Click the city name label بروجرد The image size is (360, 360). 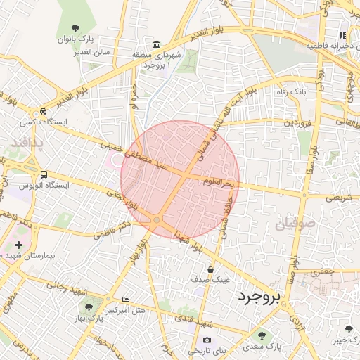click(x=259, y=298)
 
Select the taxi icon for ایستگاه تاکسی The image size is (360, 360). click(x=44, y=112)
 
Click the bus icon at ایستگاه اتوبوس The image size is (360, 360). click(x=44, y=174)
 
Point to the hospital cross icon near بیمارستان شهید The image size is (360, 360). click(x=18, y=245)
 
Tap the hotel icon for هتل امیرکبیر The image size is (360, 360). click(x=126, y=299)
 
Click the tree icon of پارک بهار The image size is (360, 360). click(x=89, y=307)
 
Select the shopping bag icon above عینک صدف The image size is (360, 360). click(x=210, y=269)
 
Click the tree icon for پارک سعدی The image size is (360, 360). click(x=262, y=335)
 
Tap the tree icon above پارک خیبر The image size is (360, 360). click(x=349, y=329)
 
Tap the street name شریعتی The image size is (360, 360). click(x=340, y=198)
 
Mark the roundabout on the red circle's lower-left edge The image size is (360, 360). click(x=156, y=221)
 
